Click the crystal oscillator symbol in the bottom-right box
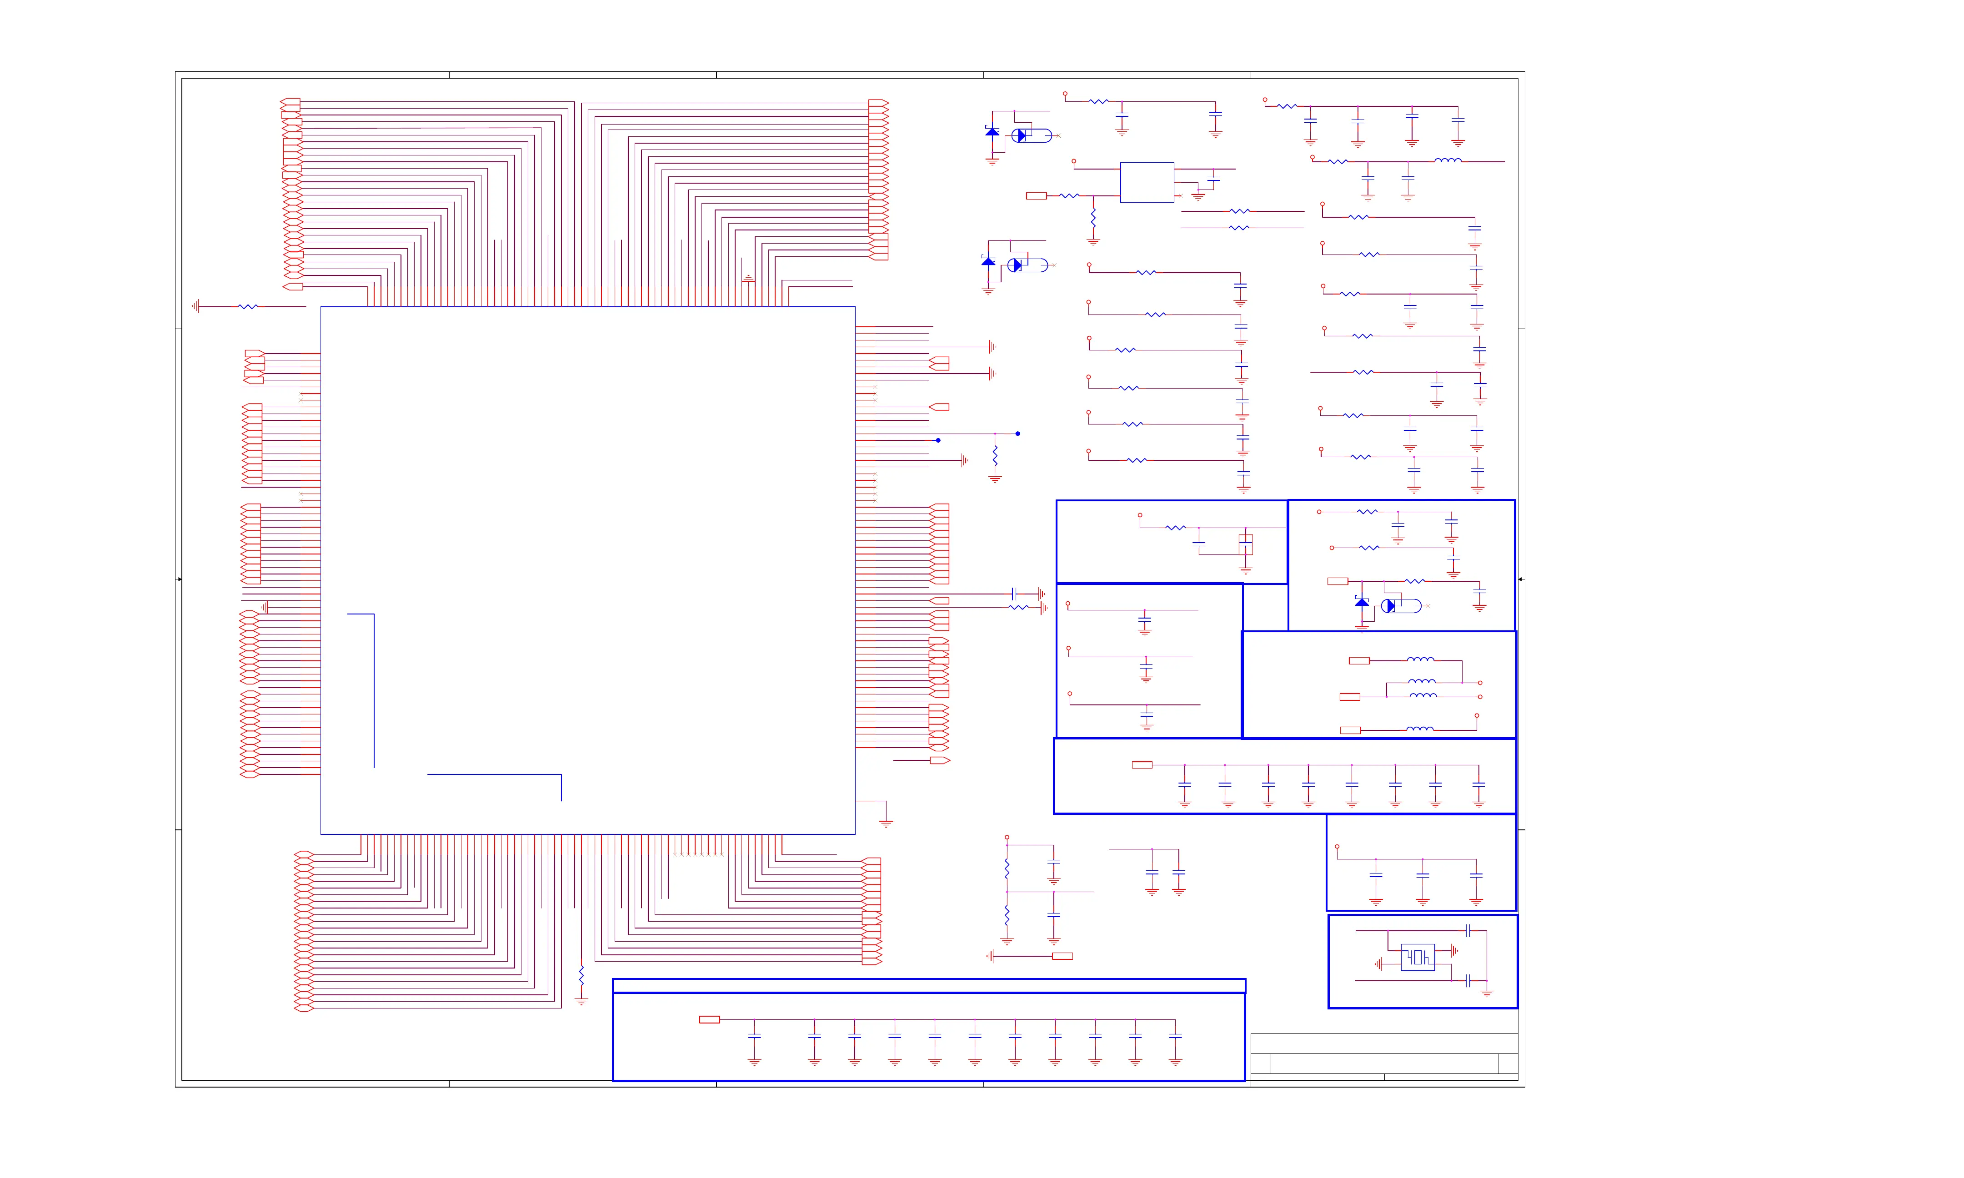click(x=1418, y=957)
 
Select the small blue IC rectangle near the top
click(x=1146, y=183)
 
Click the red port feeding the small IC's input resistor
click(x=1036, y=196)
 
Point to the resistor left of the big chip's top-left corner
click(x=248, y=306)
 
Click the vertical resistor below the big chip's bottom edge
click(x=581, y=976)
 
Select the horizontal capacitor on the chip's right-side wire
click(x=1015, y=594)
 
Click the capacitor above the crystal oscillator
click(x=1468, y=930)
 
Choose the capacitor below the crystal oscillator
click(x=1468, y=981)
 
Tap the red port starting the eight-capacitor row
click(x=1142, y=765)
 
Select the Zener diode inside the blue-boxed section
click(x=1362, y=603)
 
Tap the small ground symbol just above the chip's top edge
click(x=748, y=279)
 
